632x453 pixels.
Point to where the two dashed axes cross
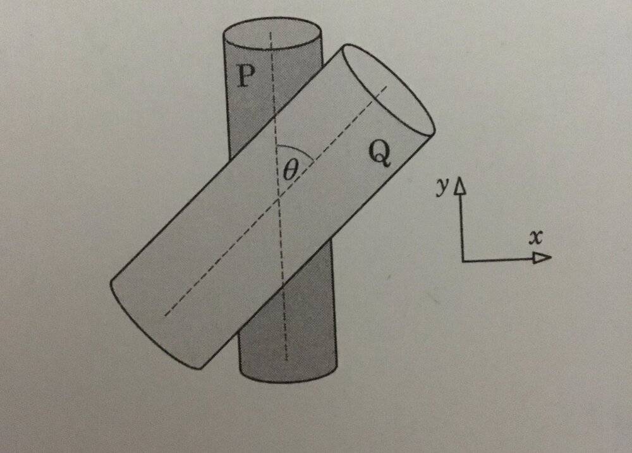point(278,198)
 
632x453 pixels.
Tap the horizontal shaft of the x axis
point(499,259)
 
